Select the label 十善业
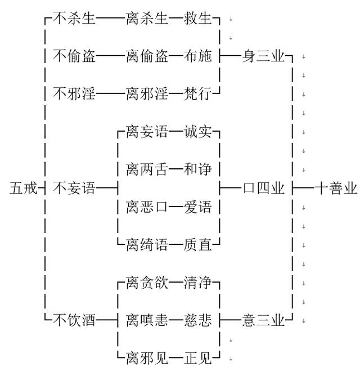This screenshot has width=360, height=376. click(335, 189)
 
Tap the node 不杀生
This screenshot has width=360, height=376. click(74, 19)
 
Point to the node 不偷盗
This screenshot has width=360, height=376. click(74, 56)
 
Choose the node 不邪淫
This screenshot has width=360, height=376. click(74, 93)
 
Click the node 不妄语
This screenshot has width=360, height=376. click(74, 189)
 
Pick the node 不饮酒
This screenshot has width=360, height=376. click(74, 321)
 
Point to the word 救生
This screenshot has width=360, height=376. click(197, 19)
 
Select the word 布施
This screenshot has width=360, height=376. click(197, 56)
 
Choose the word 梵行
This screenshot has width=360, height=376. click(197, 93)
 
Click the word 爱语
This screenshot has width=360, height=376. click(197, 207)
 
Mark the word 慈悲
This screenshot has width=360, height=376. click(197, 321)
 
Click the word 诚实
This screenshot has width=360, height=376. click(197, 132)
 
